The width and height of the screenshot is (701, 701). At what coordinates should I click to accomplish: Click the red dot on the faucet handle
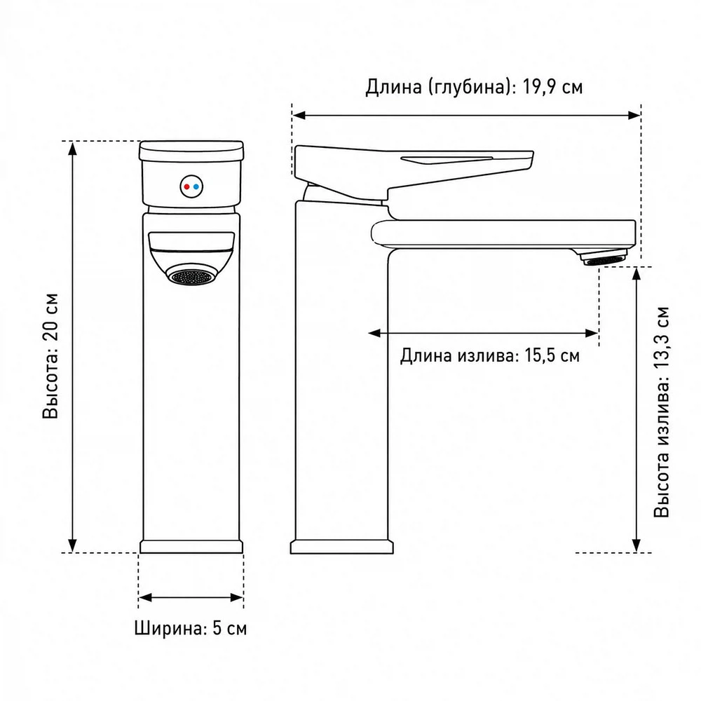pyautogui.click(x=187, y=186)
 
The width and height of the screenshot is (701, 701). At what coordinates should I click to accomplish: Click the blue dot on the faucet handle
pyautogui.click(x=196, y=186)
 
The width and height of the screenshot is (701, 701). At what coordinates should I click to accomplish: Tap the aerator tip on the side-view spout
pyautogui.click(x=604, y=259)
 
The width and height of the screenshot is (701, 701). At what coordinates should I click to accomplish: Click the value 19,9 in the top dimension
pyautogui.click(x=538, y=87)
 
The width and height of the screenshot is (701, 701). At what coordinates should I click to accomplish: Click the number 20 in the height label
pyautogui.click(x=51, y=330)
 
